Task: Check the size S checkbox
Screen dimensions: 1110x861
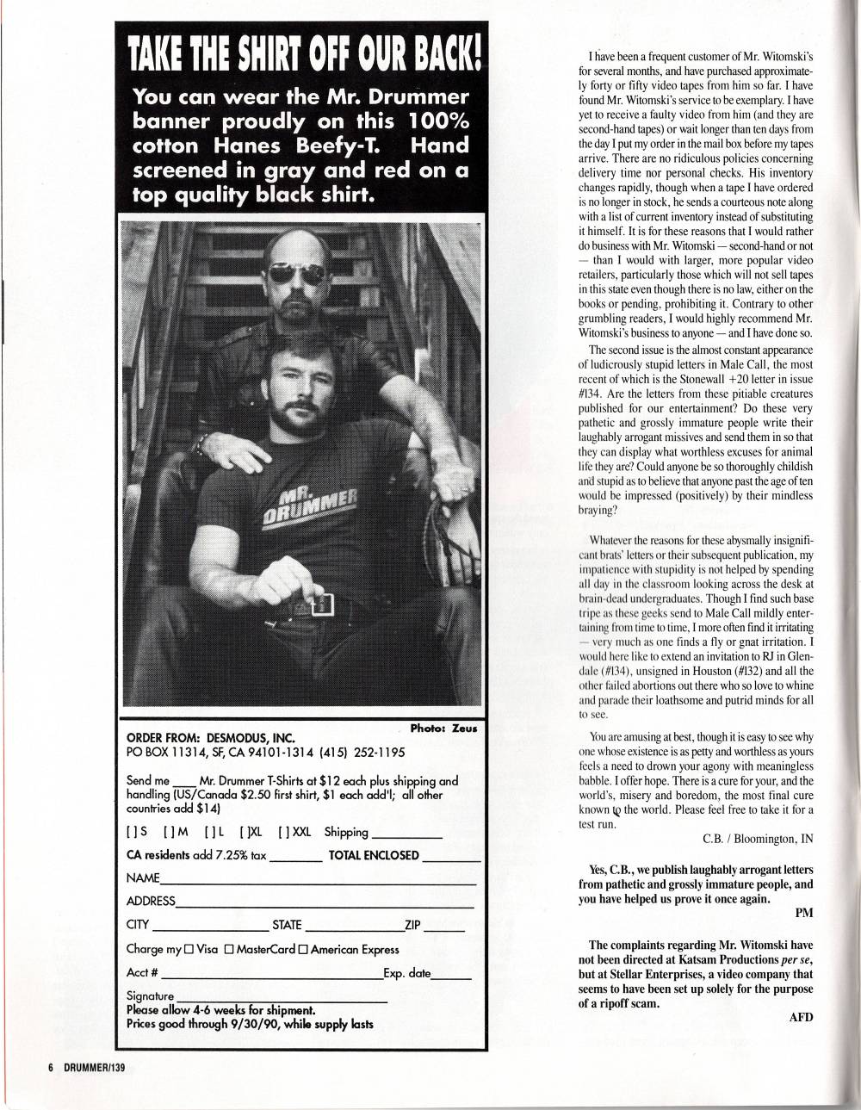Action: (130, 833)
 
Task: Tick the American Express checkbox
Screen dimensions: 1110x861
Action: (304, 950)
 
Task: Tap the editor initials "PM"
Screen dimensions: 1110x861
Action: (804, 911)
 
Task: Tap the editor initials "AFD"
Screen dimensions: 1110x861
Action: (801, 1017)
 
